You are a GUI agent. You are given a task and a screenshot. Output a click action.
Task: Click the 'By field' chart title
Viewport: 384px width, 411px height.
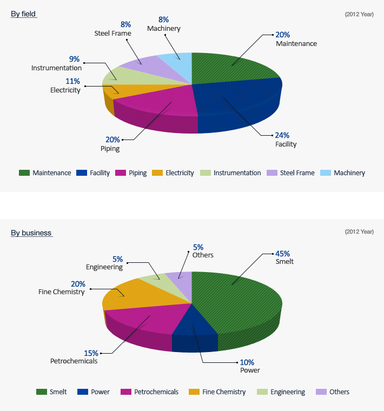[x=23, y=14]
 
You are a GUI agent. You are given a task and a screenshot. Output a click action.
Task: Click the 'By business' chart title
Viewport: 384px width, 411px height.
[x=31, y=233]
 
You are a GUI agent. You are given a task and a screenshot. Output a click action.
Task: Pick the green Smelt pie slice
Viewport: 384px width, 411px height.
[x=238, y=303]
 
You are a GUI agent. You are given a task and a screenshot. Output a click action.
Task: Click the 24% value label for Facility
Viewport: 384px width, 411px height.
[x=282, y=135]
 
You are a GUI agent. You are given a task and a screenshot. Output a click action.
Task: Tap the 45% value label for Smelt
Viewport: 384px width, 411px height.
[x=282, y=253]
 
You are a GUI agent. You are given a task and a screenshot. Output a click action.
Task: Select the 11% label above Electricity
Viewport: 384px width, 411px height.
[x=72, y=82]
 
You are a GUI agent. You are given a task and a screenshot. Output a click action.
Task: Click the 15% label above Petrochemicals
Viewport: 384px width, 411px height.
[x=91, y=353]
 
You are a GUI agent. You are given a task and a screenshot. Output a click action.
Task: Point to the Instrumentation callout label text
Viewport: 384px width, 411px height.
[x=56, y=68]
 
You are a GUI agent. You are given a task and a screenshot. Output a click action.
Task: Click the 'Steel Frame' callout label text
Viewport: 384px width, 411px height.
[x=112, y=33]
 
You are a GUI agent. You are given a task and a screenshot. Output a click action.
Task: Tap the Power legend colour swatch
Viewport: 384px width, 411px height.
[x=83, y=392]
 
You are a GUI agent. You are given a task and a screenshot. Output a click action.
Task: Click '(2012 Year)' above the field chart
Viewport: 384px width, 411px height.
[x=359, y=14]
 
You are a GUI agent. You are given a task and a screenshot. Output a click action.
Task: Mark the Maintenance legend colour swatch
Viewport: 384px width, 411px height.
[x=24, y=173]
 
